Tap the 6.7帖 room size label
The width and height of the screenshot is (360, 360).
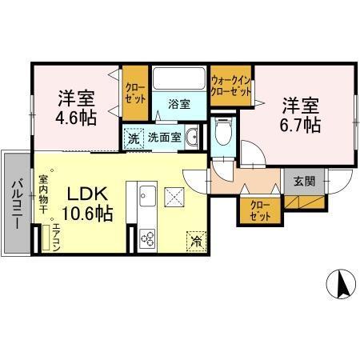(x=300, y=125)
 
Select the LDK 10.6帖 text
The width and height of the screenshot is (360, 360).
(x=89, y=204)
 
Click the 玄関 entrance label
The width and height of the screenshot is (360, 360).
(x=304, y=181)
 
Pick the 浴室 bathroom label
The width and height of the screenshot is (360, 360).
(x=178, y=104)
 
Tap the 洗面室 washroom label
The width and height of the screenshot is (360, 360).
(x=163, y=137)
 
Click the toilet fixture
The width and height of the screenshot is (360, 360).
(x=223, y=130)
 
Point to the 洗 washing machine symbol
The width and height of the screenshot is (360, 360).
(x=134, y=137)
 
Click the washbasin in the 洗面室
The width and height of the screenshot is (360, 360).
(x=191, y=138)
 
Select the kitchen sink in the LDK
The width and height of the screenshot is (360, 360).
(x=147, y=194)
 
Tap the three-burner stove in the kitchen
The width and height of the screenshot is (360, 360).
(x=147, y=238)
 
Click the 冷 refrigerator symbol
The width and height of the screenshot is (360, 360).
(x=194, y=238)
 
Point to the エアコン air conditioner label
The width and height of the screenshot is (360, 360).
(x=55, y=239)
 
